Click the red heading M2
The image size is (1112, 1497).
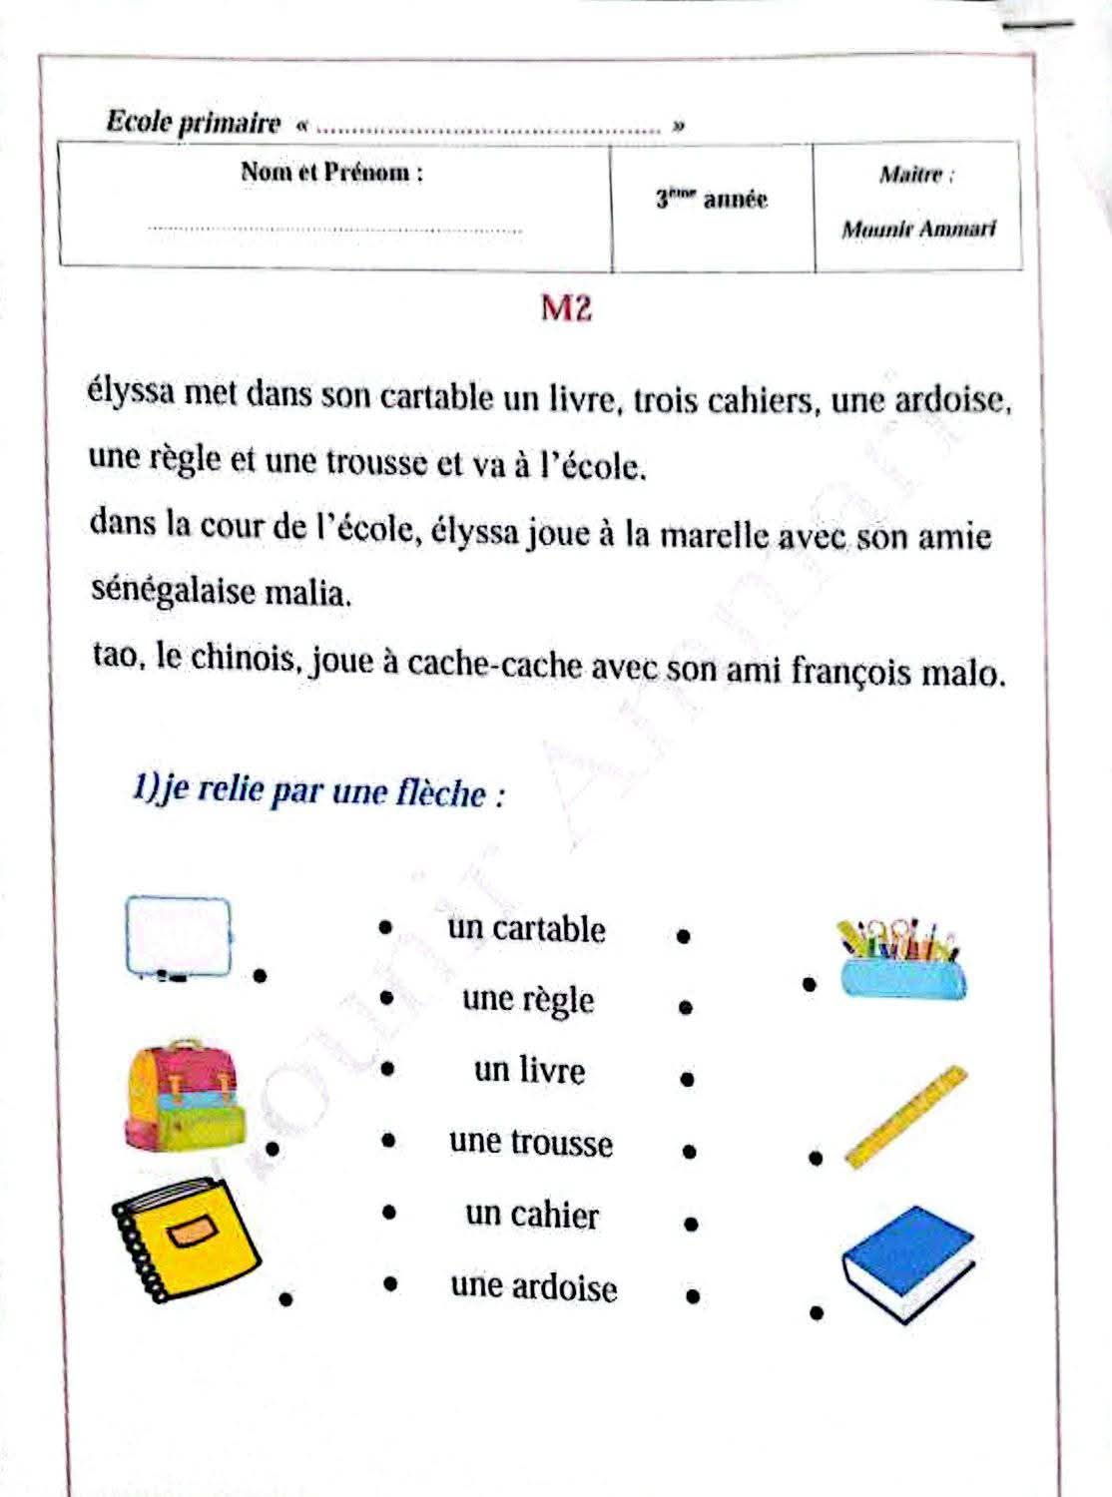tap(566, 308)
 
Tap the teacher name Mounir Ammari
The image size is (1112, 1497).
tap(918, 230)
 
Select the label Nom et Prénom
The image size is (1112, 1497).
tap(331, 173)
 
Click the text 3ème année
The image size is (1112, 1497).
tap(712, 200)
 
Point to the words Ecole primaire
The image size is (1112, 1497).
tap(194, 123)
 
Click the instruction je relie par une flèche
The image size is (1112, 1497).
tap(317, 792)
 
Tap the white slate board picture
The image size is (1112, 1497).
tap(178, 937)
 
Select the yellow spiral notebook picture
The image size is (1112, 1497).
tap(187, 1242)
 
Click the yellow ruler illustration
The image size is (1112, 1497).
tap(906, 1117)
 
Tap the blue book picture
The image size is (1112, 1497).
tap(907, 1262)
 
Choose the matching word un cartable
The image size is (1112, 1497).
tap(526, 929)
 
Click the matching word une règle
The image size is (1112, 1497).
tap(528, 1000)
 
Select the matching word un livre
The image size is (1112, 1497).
tap(529, 1071)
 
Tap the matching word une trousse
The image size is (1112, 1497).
tap(530, 1143)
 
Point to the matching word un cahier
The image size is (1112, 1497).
tap(531, 1215)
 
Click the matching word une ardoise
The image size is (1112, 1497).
tap(533, 1286)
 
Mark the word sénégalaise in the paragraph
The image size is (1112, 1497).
tap(174, 591)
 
